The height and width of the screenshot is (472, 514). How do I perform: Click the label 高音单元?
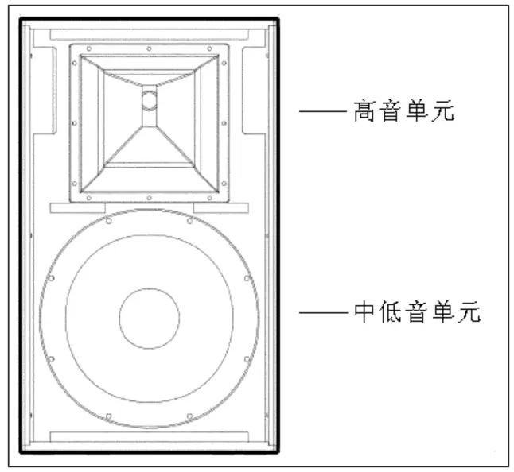click(403, 111)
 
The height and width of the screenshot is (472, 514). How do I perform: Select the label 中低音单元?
click(416, 312)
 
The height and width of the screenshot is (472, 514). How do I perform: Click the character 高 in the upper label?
click(365, 111)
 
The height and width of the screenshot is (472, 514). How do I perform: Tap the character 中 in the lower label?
click(364, 312)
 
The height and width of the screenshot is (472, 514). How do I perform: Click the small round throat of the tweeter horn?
click(150, 99)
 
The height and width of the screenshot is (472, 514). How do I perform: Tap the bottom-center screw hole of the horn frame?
click(150, 197)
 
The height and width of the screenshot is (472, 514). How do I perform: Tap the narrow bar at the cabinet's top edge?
click(149, 34)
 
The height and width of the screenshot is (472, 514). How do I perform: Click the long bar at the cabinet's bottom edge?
click(149, 436)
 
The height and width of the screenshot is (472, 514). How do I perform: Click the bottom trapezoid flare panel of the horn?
click(149, 151)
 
